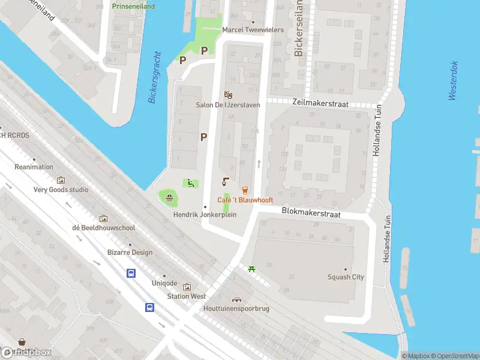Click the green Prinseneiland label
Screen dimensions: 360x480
133,7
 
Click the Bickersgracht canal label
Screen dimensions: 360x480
155,77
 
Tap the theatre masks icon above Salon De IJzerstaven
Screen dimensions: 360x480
227,95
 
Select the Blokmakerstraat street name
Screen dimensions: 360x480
311,214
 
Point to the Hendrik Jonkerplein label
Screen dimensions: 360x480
205,214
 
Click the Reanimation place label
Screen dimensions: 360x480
34,167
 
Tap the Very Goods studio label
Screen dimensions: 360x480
61,190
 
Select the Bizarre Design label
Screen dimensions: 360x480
130,253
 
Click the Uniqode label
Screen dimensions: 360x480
164,283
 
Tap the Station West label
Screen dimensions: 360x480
187,296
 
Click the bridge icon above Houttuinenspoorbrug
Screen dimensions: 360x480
237,299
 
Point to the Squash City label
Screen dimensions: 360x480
346,277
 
